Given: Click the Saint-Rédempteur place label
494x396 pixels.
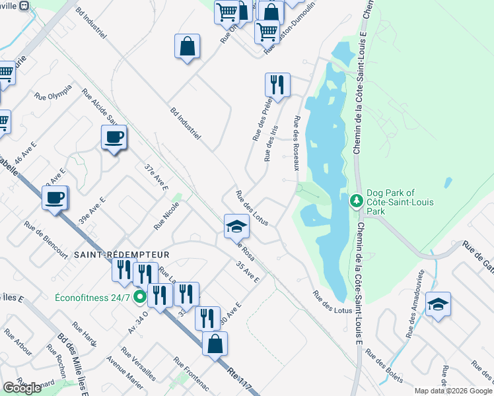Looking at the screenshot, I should coord(122,254).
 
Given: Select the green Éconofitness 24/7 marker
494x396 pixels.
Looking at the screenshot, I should coord(139,297).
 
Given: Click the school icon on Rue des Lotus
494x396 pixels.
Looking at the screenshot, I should coord(236,227).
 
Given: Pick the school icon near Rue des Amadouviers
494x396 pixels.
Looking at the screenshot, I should coord(438,304).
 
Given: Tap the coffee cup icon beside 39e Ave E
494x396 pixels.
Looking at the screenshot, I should coord(54,197).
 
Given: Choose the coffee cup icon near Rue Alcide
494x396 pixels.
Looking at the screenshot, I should coord(114,137).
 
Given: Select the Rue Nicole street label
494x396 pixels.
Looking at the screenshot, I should coord(166,216).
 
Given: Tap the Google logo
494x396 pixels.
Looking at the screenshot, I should coord(22,388).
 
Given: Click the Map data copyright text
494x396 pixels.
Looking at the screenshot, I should coord(453,391).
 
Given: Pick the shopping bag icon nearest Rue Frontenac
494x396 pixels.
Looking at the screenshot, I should coord(215,343).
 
